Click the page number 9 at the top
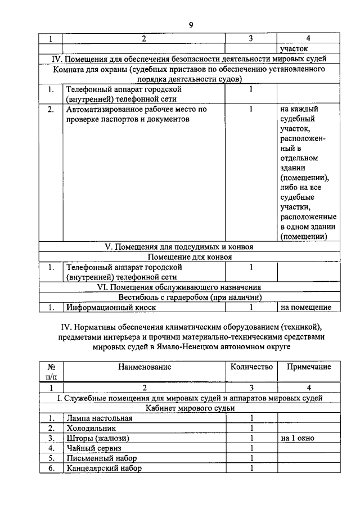click(x=191, y=25)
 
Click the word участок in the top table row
click(x=294, y=49)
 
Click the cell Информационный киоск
click(x=111, y=308)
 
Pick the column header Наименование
click(x=145, y=367)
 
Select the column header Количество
click(x=251, y=367)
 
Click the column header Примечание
click(x=308, y=367)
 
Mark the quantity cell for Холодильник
click(x=252, y=428)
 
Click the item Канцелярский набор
click(x=104, y=468)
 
